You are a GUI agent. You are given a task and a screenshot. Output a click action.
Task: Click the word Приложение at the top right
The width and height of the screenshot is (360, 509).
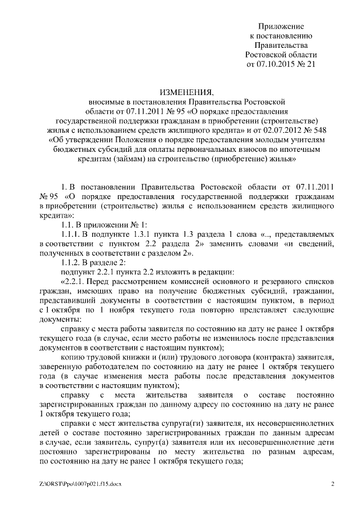pyautogui.click(x=281, y=26)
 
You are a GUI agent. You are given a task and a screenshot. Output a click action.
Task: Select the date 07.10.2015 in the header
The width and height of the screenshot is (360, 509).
pyautogui.click(x=278, y=65)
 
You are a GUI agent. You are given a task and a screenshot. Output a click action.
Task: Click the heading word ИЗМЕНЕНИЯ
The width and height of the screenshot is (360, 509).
pyautogui.click(x=187, y=92)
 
